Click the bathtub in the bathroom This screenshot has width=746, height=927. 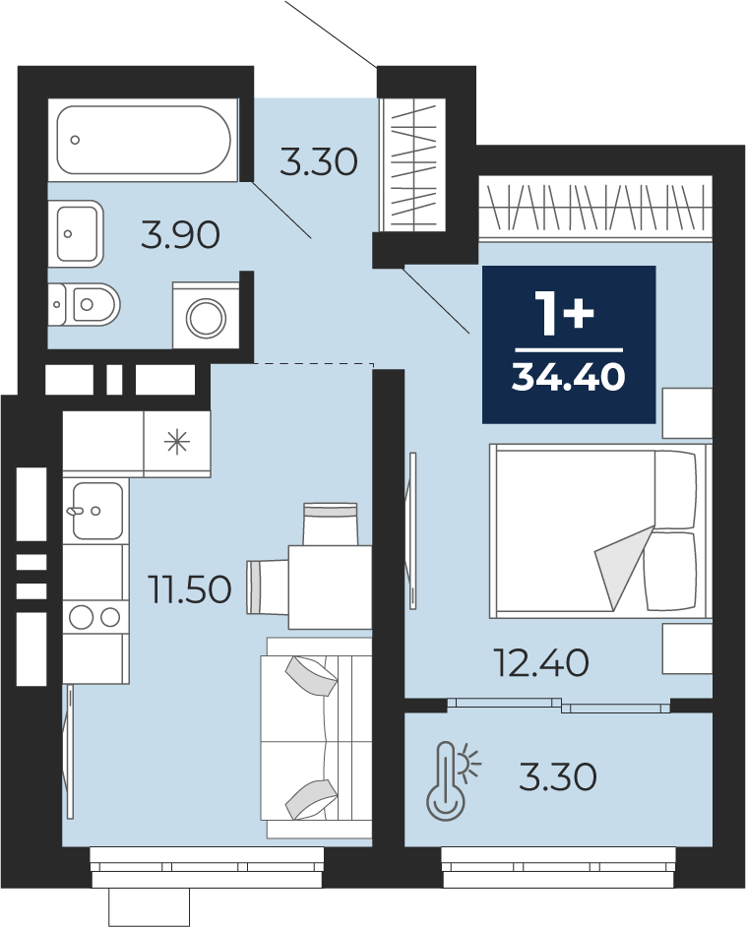(x=144, y=140)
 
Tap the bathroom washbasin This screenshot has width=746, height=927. (x=77, y=233)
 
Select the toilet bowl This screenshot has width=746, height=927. (x=85, y=304)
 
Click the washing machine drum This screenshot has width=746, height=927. (x=207, y=318)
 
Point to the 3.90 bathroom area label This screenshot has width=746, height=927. (x=180, y=235)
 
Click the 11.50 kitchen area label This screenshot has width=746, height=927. (x=191, y=589)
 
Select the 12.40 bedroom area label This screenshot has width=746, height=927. (x=542, y=662)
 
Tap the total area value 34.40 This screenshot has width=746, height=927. (x=568, y=376)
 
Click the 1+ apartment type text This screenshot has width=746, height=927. (x=565, y=313)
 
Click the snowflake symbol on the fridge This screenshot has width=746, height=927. (x=177, y=442)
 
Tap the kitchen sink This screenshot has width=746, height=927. (x=97, y=510)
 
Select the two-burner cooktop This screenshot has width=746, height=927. (x=95, y=617)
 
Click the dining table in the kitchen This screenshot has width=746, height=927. (x=330, y=587)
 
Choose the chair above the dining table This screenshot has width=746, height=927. (x=331, y=524)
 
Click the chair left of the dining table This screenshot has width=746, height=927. (x=267, y=587)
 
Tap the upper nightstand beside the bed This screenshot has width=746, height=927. (x=687, y=413)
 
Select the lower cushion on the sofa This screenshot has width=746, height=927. (x=309, y=799)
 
